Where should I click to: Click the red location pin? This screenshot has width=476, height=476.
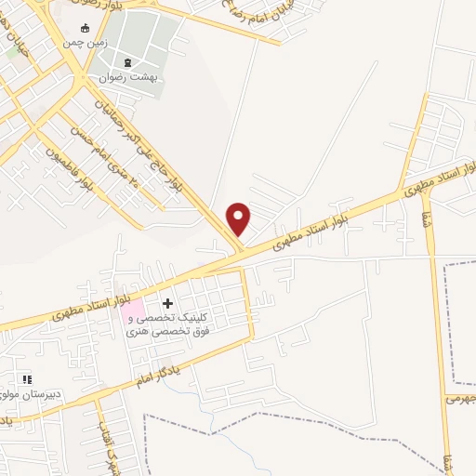click(x=239, y=219)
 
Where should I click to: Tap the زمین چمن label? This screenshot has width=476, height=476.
click(x=86, y=43)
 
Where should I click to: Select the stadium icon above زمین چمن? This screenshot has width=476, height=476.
click(x=86, y=28)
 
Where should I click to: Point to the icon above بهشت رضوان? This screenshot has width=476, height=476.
click(x=128, y=64)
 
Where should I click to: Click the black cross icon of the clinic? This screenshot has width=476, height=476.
click(x=167, y=303)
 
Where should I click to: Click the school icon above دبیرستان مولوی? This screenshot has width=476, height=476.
click(x=27, y=379)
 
